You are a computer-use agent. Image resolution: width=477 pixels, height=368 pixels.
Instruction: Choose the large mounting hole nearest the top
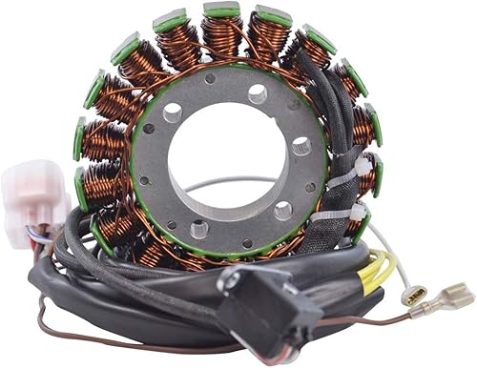tap(258, 93)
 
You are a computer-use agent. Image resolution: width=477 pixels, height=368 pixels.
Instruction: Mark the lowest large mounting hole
tap(199, 229)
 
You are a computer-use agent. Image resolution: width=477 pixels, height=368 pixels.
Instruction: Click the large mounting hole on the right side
tap(301, 146)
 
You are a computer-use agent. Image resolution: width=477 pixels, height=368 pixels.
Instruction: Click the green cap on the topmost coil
tap(221, 10)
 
